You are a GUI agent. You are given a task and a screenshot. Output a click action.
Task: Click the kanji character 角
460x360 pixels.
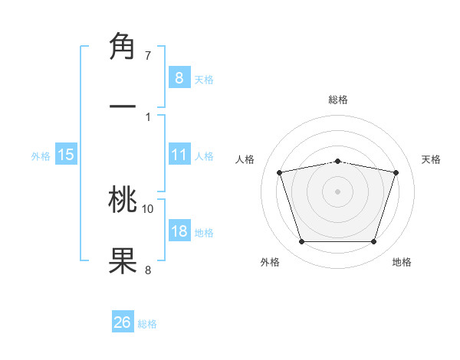coord(123,48)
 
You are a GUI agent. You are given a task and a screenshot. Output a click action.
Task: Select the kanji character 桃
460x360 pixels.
coord(123,201)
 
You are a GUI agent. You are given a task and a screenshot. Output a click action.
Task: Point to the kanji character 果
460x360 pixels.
coord(123,260)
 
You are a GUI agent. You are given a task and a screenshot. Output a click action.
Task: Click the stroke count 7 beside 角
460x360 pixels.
coord(148,56)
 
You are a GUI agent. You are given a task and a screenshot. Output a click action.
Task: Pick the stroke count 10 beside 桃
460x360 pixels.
coord(148,208)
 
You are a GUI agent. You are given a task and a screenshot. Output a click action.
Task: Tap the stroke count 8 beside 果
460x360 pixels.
coord(148,269)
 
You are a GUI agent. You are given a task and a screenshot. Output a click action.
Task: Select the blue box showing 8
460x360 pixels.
coord(179,77)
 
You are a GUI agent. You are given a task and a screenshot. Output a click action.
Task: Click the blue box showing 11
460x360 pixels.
coord(179,155)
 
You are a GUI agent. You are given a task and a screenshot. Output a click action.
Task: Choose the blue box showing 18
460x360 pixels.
coord(179,231)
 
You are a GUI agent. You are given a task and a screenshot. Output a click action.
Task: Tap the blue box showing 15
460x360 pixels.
coord(66,155)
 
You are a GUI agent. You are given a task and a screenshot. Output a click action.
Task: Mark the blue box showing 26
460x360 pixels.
coord(123,322)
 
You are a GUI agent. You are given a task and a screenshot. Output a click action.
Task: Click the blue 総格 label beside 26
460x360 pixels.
coord(148,324)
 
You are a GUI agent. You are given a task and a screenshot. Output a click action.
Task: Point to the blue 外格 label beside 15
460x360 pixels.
coord(41,156)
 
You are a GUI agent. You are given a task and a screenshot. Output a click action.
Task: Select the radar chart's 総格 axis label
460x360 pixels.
coord(338,100)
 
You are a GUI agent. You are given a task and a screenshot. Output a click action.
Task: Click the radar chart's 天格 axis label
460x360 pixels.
coord(431,159)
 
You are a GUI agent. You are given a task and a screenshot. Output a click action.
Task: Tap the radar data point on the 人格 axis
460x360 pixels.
coord(280,172)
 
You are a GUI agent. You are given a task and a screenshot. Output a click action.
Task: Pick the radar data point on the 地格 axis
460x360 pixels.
coord(373,242)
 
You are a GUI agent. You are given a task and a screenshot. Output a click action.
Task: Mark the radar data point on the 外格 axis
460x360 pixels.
coord(301,242)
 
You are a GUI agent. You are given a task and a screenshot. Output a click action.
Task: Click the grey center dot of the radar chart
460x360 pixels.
coord(337,191)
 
